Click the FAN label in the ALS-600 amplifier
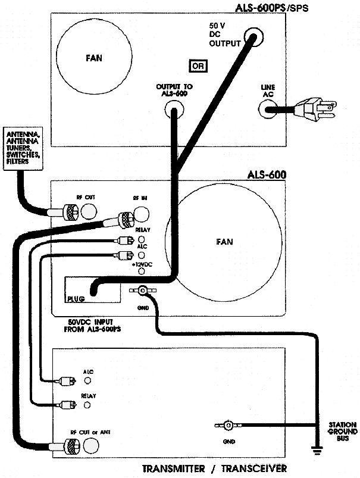tap(225, 242)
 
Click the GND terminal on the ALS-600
tap(143, 290)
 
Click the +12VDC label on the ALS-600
tap(142, 264)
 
